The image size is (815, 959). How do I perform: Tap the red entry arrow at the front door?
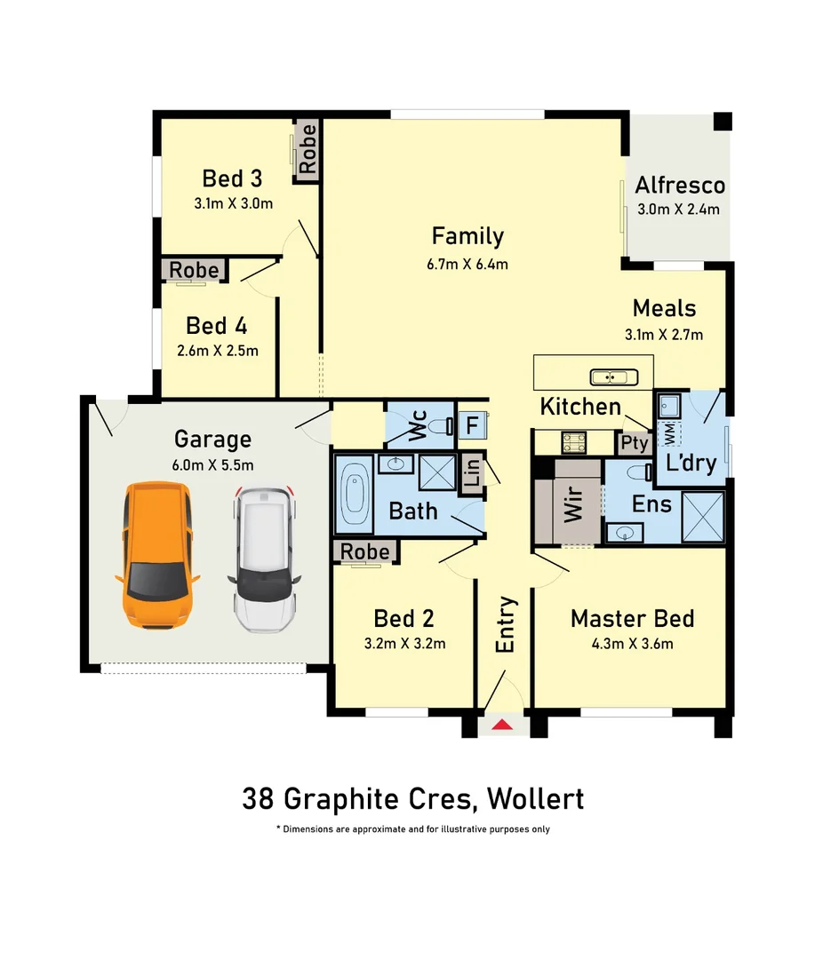(x=502, y=725)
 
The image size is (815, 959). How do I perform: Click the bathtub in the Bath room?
(x=356, y=492)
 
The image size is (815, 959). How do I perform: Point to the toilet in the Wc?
(x=438, y=427)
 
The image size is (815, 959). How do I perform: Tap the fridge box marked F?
(x=472, y=424)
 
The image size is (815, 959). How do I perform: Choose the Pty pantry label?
(x=634, y=442)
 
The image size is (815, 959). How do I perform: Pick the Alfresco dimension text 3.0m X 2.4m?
(x=679, y=210)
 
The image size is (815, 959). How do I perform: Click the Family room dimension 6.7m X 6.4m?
(x=467, y=264)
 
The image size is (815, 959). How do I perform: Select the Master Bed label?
(x=632, y=618)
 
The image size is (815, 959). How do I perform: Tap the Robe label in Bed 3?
(x=308, y=149)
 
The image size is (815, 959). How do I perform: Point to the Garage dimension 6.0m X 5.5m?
(x=212, y=464)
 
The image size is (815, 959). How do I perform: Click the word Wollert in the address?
(x=535, y=798)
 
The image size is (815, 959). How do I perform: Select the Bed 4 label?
(x=217, y=325)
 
